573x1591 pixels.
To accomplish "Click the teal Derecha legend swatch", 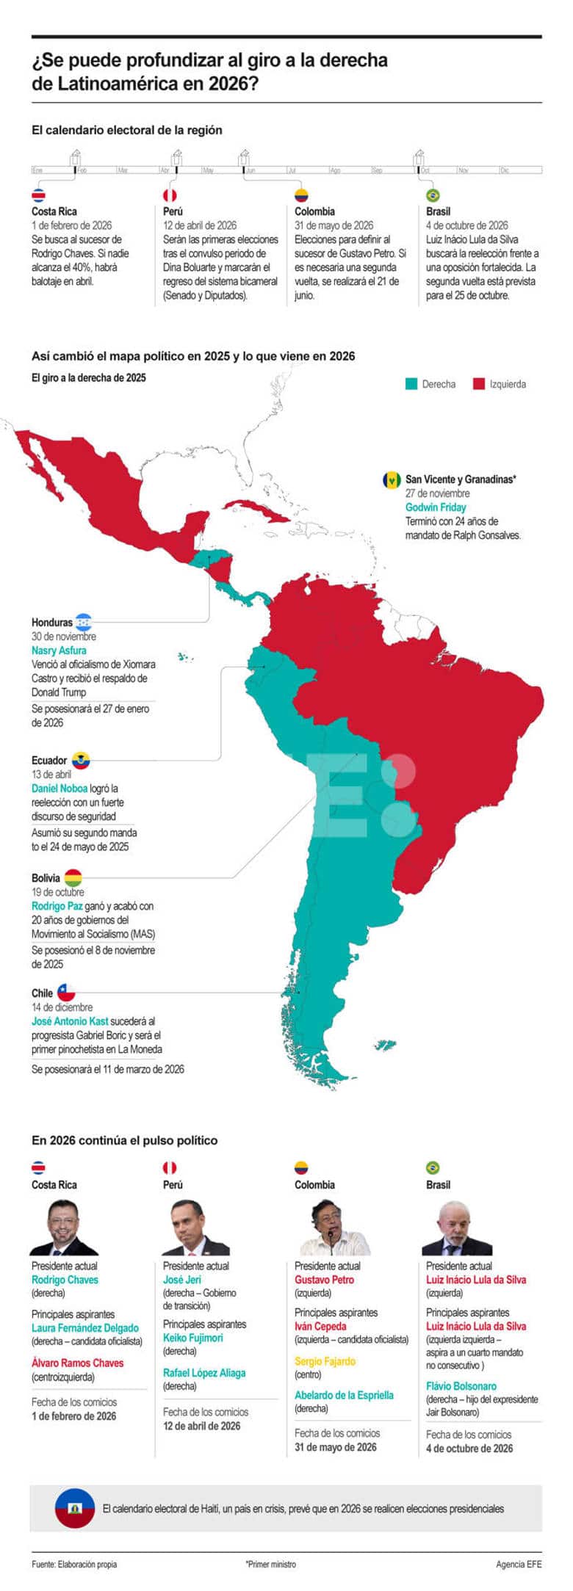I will [x=411, y=383].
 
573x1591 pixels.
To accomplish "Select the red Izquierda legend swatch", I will [x=479, y=383].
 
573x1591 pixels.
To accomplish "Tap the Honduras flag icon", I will [x=83, y=621].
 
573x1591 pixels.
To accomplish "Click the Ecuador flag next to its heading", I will [x=81, y=760].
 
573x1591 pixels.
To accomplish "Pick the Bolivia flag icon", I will [x=73, y=877].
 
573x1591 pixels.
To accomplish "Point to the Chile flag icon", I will [x=66, y=993].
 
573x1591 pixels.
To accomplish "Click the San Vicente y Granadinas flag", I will [x=392, y=479].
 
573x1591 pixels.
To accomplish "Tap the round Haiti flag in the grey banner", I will [x=74, y=1508].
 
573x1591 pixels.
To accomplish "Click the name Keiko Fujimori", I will [x=192, y=1338].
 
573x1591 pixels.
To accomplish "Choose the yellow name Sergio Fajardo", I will [x=325, y=1361].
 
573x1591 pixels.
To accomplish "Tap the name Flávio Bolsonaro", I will [x=461, y=1386].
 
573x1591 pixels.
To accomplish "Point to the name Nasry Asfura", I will [x=59, y=650].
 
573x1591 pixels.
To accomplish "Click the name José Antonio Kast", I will [x=70, y=1021].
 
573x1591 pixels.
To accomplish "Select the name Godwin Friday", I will [x=436, y=507].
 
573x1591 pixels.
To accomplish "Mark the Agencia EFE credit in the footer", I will [x=519, y=1565].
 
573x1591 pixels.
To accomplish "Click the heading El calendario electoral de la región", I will [x=126, y=130].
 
